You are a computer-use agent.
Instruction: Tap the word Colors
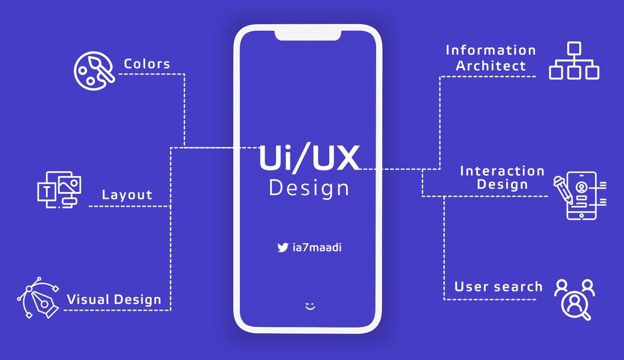coord(147,64)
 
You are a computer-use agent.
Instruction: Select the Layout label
coord(127,195)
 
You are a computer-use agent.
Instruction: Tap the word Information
coord(491,50)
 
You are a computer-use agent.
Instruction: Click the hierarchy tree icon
coord(574,61)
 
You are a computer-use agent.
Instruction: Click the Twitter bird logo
coord(282,248)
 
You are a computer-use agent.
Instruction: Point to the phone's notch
coord(308,35)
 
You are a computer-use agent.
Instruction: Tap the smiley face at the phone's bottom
coord(310,306)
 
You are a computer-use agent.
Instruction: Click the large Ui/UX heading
coord(309,158)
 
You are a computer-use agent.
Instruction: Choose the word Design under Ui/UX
coord(309,188)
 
